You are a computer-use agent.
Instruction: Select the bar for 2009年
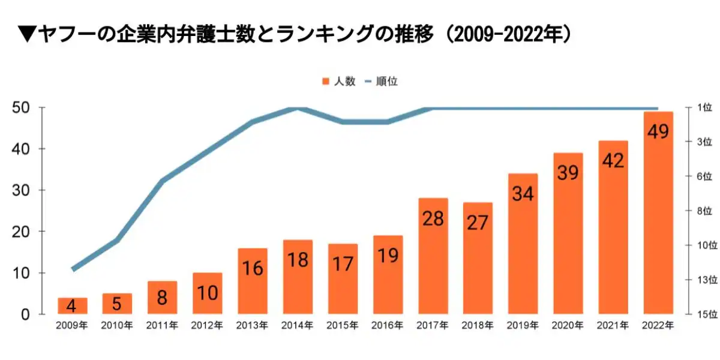tap(72, 306)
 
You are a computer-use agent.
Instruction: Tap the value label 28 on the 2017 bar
tap(433, 218)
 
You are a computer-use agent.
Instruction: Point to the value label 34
tap(523, 194)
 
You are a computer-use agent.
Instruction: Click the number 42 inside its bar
tap(613, 160)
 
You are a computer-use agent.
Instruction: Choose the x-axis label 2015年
tap(343, 326)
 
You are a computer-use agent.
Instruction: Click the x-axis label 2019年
tap(523, 326)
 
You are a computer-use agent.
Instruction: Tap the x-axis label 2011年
tap(162, 326)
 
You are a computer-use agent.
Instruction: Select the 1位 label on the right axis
tap(704, 108)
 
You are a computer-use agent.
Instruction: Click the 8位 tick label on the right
tap(704, 211)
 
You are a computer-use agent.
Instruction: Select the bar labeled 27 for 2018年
tap(478, 258)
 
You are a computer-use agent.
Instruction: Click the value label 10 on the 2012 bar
tap(208, 294)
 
